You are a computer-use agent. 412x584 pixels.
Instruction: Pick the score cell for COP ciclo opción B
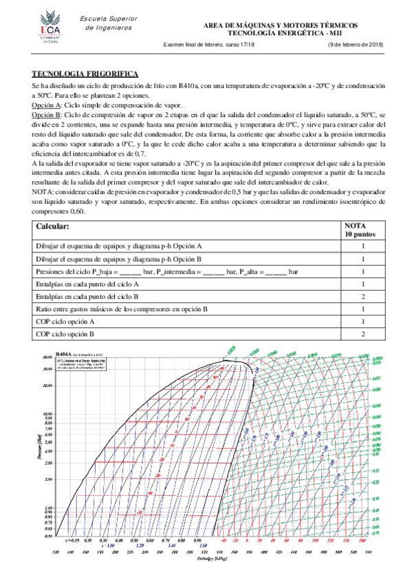(362, 333)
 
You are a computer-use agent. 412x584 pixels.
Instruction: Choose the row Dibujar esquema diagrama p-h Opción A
(118, 245)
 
